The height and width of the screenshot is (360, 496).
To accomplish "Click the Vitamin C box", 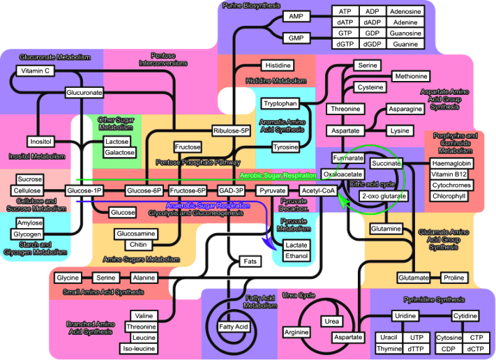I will tap(35, 71).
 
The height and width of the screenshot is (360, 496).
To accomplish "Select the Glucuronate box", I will tap(84, 92).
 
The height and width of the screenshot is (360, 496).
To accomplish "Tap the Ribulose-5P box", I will tap(231, 130).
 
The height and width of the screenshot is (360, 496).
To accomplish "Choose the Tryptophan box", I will tap(280, 103).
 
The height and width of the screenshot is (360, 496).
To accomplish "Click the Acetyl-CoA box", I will tap(318, 190).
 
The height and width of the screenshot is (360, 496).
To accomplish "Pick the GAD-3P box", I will tap(230, 190).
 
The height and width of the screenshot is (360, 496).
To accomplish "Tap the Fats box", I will tap(250, 262).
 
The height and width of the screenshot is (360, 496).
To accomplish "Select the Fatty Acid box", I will tap(233, 327).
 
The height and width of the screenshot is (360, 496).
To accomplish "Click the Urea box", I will tap(332, 321).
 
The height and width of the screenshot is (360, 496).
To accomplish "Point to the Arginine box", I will tap(296, 332).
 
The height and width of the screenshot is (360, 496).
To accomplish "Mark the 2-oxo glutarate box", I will tap(383, 197).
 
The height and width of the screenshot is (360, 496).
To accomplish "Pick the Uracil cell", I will tap(389, 338).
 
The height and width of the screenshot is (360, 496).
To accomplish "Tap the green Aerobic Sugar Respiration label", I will tap(277, 177).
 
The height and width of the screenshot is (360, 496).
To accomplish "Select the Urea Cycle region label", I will tap(296, 295).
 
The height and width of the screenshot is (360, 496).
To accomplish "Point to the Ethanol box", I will tap(296, 256).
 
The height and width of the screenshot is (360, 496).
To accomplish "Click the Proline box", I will tap(453, 278).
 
